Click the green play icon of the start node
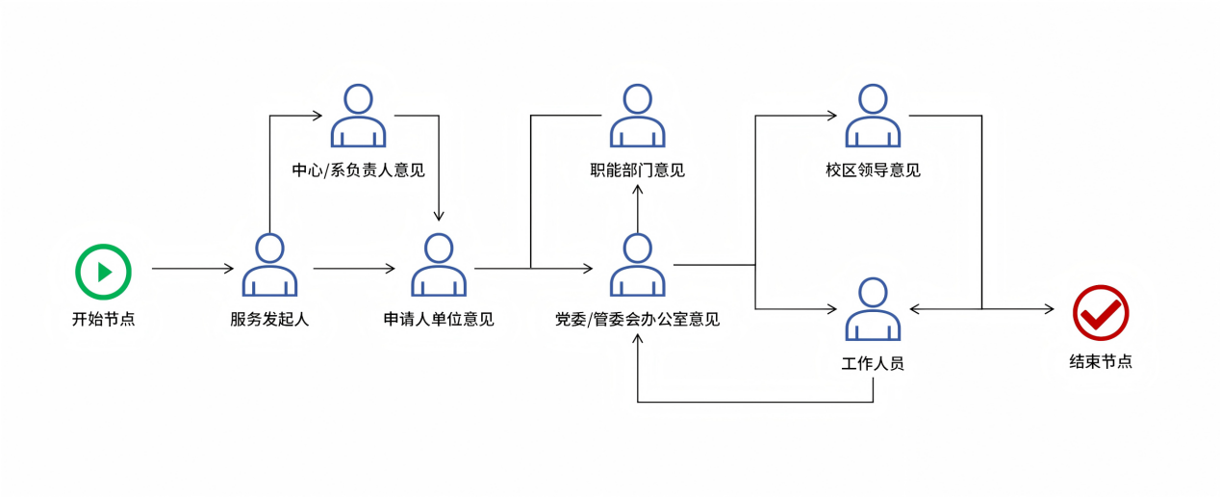103,272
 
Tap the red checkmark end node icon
1101,313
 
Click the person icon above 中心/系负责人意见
358,116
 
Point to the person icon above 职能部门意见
637,116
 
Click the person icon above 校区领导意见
873,116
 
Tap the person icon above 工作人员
873,309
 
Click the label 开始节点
103,319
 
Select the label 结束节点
1101,362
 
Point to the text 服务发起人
269,319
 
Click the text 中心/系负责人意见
358,170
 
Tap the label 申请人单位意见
439,319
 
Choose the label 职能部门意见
637,170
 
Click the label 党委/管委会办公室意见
637,319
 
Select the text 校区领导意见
873,170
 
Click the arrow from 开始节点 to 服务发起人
192,269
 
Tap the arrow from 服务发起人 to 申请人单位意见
354,269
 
